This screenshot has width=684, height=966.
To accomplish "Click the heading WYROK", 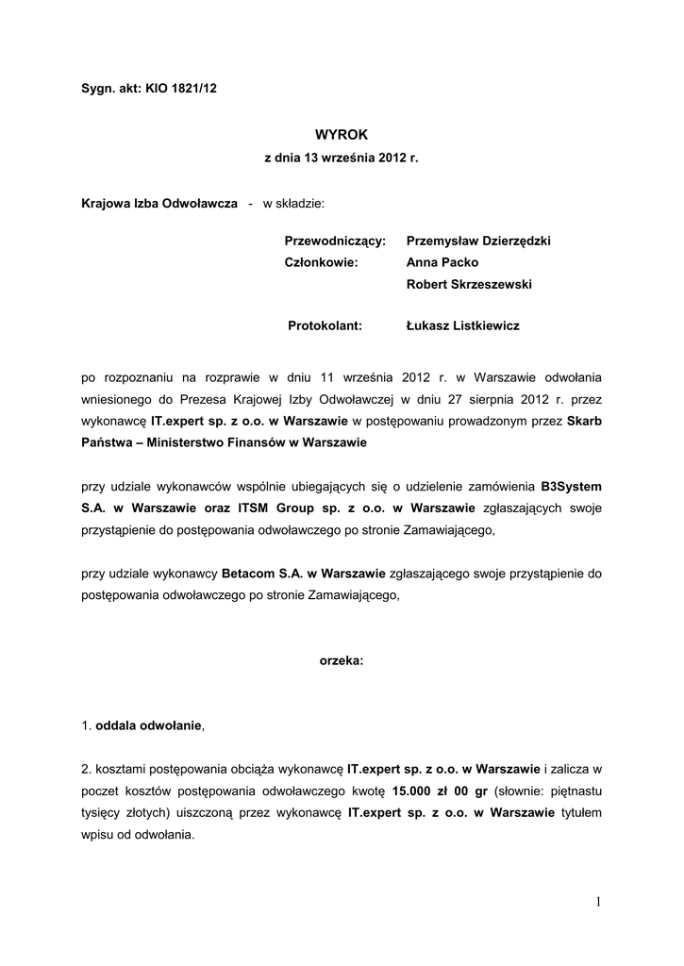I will click(x=341, y=136).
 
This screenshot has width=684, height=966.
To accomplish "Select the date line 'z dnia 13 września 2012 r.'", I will click(x=341, y=159).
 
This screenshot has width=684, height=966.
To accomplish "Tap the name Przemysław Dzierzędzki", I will click(x=477, y=241).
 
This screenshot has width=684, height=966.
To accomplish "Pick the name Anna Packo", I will click(x=442, y=262).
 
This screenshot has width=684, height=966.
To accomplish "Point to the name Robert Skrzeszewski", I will click(x=469, y=284).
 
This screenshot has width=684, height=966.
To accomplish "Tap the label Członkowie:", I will click(x=322, y=262).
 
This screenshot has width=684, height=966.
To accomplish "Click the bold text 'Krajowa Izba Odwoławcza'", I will click(x=159, y=203).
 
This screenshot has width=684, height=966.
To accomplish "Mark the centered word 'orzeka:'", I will click(x=341, y=661).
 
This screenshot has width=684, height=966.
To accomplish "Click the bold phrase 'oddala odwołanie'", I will click(x=149, y=725).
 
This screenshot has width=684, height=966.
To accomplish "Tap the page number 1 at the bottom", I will click(x=598, y=903).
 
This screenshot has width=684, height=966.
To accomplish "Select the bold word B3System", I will click(x=571, y=485).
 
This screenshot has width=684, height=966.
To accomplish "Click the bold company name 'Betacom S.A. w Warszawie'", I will click(x=303, y=573).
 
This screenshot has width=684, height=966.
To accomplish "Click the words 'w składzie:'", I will click(x=292, y=203).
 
